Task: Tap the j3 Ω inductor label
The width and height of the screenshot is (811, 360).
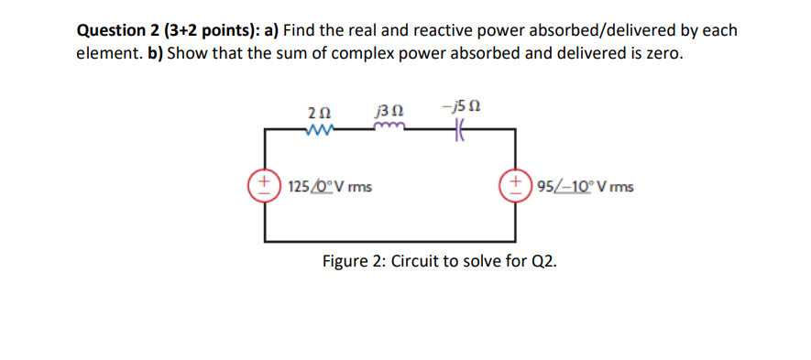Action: click(390, 112)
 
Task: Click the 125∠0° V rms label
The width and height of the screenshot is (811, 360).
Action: click(329, 187)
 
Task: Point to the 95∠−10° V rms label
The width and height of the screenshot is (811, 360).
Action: click(579, 187)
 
